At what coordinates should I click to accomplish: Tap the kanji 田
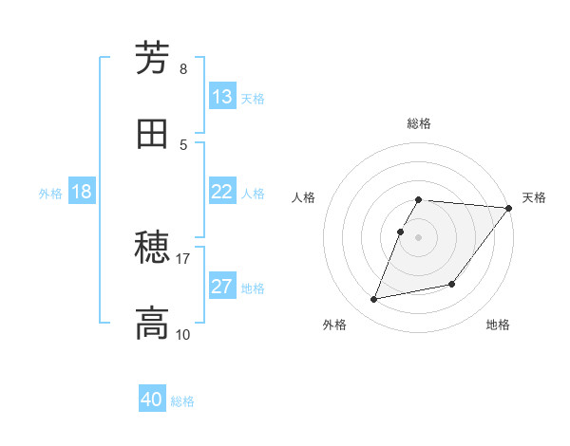point(152,134)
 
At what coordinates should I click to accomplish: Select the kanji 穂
point(152,250)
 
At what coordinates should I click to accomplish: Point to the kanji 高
point(152,324)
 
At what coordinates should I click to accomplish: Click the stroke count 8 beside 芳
point(182,69)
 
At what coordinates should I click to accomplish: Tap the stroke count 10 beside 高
point(182,334)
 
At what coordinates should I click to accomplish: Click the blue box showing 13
point(222,97)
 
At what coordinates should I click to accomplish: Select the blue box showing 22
point(222,192)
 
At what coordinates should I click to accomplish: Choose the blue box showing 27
point(222,287)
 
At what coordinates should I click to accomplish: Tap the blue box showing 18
point(82,192)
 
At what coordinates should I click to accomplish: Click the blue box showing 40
point(152,400)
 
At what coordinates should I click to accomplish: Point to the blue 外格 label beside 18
point(50,193)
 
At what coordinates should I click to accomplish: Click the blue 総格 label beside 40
point(182,401)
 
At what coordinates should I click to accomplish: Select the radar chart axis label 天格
point(534,197)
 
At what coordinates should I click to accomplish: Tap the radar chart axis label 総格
point(418,123)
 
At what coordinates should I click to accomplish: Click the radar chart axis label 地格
point(498,325)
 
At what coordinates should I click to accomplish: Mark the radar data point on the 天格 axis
point(508,208)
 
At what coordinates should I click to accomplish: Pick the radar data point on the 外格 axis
point(374,299)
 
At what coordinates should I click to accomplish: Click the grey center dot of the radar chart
point(418,236)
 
